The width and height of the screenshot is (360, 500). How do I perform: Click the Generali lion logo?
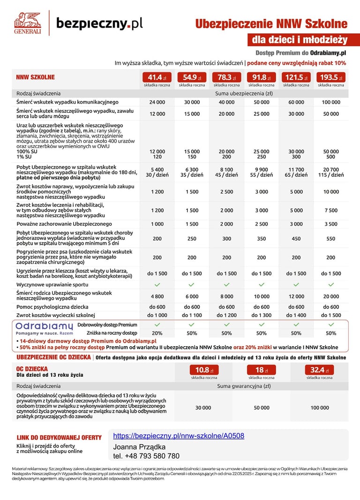(27, 23)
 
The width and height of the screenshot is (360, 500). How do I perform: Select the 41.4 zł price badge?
(157, 77)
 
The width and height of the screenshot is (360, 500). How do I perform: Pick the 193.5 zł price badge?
(331, 77)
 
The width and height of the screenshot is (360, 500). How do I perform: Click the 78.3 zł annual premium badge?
(226, 77)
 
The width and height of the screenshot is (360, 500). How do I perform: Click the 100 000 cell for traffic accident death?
(331, 102)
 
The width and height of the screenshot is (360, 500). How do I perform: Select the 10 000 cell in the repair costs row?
(331, 191)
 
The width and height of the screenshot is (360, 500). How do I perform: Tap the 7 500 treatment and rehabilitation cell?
(331, 211)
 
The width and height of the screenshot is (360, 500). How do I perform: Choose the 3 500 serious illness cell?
(331, 224)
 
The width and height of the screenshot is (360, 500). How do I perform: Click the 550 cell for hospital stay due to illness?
(331, 238)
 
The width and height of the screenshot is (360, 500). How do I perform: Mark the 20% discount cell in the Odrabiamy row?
(157, 333)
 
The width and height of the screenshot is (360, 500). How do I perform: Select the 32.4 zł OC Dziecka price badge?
(320, 370)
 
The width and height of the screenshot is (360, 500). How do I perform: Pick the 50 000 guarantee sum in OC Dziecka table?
(262, 408)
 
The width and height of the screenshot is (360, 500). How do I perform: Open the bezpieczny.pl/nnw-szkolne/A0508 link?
(179, 436)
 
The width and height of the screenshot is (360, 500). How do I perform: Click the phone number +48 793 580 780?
(146, 456)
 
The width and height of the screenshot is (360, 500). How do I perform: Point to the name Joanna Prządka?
(139, 447)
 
